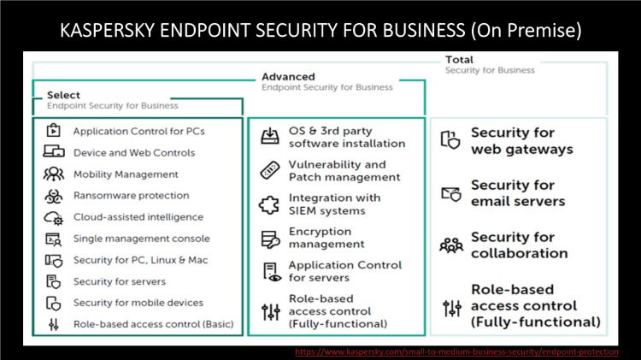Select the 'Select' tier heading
(64, 95)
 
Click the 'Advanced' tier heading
(288, 77)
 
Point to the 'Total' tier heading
(460, 60)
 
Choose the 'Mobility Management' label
(126, 174)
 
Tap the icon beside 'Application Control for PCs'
(53, 131)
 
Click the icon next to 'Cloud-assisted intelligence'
(53, 217)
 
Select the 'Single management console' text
(141, 239)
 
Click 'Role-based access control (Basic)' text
(153, 324)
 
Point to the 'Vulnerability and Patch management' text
(344, 171)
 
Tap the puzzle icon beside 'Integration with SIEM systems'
(269, 204)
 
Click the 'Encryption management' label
(326, 238)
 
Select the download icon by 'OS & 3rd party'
(269, 138)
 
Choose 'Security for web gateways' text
(521, 141)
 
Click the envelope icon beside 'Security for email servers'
(450, 193)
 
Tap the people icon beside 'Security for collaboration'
(450, 245)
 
